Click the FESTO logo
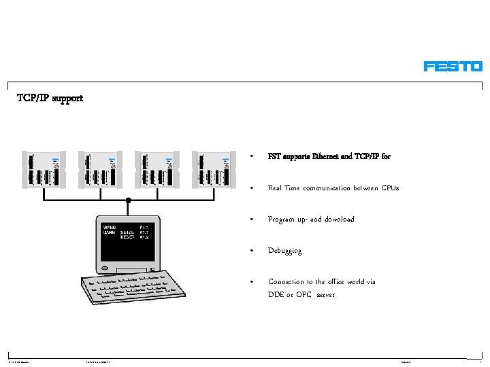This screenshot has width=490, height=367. pos(453,66)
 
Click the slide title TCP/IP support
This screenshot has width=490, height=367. pos(50,98)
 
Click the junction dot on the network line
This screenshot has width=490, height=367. pos(128,200)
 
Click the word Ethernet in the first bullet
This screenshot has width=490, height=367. pos(326,156)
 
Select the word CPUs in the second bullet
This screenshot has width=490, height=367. pos(390,188)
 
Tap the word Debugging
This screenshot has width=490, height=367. pos(284,251)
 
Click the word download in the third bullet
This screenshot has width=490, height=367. pos(339,220)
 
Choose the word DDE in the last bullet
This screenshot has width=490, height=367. pos(276,295)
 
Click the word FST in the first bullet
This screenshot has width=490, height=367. pos(274,156)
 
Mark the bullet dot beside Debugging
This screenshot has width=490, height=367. pos(252,251)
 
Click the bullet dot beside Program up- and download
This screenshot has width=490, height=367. pos(252,220)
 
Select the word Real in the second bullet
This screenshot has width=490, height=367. pos(276,188)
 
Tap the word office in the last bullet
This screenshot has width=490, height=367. pos(338,281)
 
